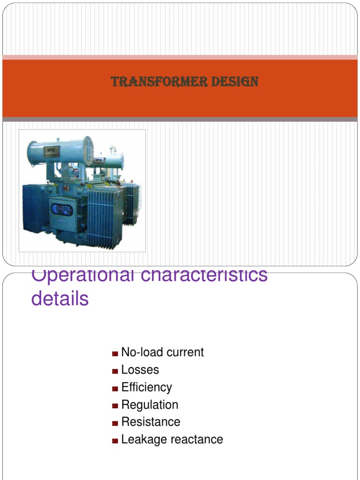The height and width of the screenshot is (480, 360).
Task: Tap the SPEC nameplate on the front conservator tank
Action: [51, 151]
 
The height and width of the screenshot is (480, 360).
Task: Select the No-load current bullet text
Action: [162, 352]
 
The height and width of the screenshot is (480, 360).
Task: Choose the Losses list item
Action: [140, 370]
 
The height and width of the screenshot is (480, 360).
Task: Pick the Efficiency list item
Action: [146, 387]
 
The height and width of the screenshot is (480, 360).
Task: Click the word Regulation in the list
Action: [150, 405]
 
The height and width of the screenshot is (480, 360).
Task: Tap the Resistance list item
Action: [150, 422]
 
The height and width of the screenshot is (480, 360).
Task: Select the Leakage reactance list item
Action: [172, 440]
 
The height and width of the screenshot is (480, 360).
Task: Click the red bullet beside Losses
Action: [115, 371]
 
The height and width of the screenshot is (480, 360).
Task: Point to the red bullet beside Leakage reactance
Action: [115, 441]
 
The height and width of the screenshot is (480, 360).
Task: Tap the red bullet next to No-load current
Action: [115, 353]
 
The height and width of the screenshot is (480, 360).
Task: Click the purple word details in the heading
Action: [60, 299]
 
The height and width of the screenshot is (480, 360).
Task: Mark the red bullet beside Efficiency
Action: [115, 388]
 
